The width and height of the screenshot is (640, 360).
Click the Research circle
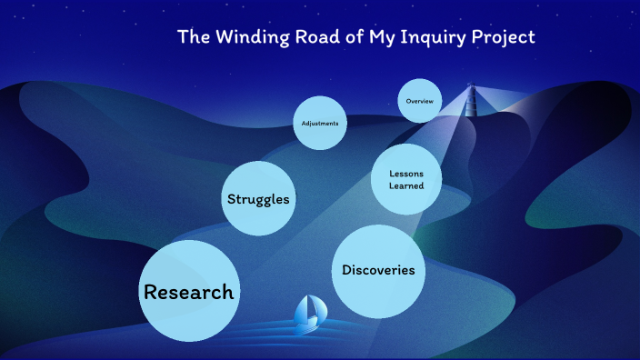pyautogui.click(x=189, y=291)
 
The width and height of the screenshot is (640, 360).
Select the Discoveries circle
pyautogui.click(x=378, y=270)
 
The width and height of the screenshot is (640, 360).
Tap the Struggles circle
pyautogui.click(x=259, y=199)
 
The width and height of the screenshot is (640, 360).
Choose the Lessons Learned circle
pyautogui.click(x=406, y=179)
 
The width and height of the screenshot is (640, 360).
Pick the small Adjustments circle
pyautogui.click(x=320, y=124)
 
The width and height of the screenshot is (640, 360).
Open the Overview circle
pyautogui.click(x=420, y=101)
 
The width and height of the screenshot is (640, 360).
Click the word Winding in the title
pyautogui.click(x=245, y=37)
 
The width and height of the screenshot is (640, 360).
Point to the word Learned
pyautogui.click(x=406, y=185)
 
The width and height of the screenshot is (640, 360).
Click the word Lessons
pyautogui.click(x=406, y=174)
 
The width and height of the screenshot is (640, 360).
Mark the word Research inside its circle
pyautogui.click(x=189, y=292)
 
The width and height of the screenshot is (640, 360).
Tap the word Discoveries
pyautogui.click(x=378, y=270)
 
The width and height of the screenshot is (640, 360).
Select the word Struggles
pyautogui.click(x=259, y=199)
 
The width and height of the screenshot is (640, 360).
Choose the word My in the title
pyautogui.click(x=379, y=38)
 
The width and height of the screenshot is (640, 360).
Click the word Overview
pyautogui.click(x=420, y=101)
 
